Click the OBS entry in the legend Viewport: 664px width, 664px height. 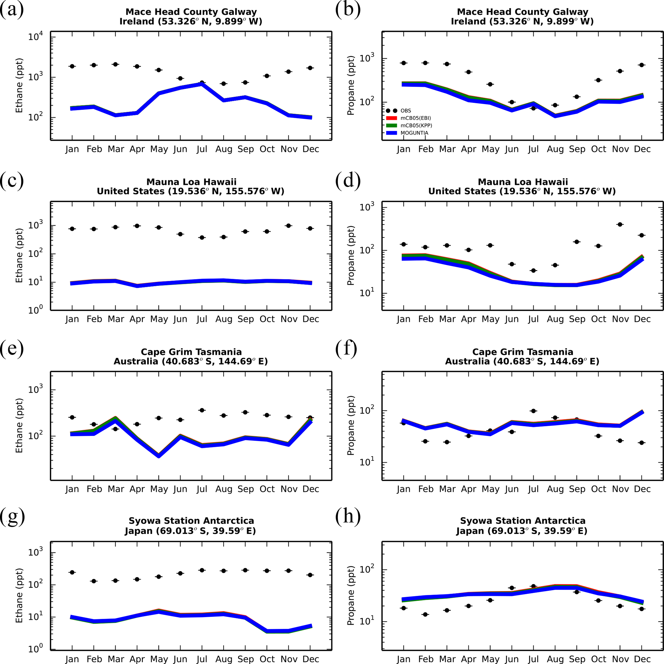coord(405,111)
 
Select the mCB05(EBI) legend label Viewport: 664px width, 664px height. coord(415,118)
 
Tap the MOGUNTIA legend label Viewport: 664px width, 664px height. coord(414,133)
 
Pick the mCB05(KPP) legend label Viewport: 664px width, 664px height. coord(416,126)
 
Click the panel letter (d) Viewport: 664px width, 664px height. coord(348,180)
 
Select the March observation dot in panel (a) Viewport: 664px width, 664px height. coord(115,64)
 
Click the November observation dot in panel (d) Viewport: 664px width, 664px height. coord(620,225)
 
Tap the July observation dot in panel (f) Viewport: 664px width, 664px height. coord(533,411)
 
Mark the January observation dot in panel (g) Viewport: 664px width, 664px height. coord(72,572)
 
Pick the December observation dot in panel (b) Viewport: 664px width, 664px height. coord(642,65)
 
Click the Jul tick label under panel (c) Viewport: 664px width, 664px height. coord(202,319)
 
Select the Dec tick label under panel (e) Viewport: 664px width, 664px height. coord(311,489)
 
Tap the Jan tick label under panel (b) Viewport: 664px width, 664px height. coord(403,149)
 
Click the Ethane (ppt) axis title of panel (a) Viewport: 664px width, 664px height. coord(19,85)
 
